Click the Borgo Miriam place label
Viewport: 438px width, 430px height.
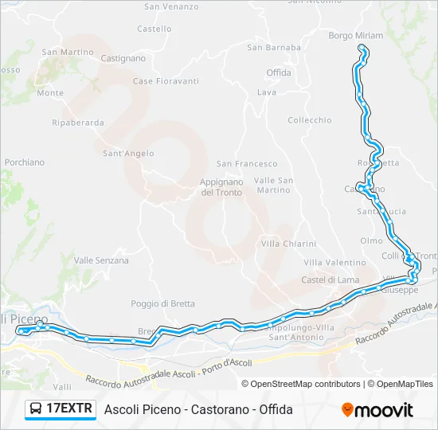click(356, 36)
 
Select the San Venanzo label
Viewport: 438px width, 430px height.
click(171, 6)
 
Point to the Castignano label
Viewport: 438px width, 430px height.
click(123, 58)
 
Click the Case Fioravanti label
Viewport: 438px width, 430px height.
click(166, 81)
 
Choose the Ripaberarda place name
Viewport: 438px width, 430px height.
click(77, 123)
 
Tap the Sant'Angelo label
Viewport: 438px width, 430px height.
click(128, 154)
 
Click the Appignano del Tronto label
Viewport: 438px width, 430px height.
click(221, 187)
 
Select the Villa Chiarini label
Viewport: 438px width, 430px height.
click(288, 244)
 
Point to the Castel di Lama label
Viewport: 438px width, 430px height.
click(330, 280)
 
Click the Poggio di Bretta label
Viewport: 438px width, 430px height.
click(162, 303)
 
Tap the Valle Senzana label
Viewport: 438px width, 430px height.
click(101, 260)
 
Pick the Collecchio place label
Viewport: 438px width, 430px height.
click(309, 120)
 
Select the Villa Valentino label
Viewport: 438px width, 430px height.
click(334, 263)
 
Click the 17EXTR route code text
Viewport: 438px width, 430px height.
click(70, 409)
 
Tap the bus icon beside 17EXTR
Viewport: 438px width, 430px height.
click(36, 409)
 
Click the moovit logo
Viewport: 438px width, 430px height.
click(377, 410)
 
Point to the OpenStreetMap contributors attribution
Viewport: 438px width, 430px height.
click(301, 384)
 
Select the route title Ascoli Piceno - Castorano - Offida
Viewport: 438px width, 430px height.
click(198, 409)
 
